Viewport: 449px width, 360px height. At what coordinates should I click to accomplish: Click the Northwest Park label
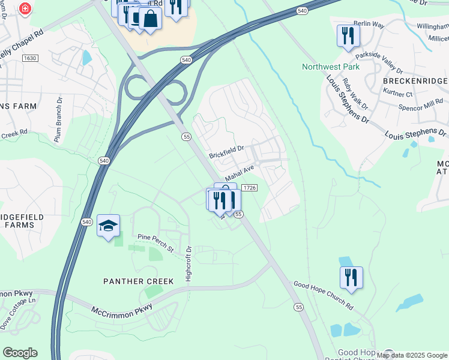click(331, 67)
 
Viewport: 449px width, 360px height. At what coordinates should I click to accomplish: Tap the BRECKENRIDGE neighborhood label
click(414, 81)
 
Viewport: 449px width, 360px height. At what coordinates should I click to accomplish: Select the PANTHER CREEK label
click(139, 281)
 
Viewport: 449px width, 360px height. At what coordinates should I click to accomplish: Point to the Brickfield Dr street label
click(226, 151)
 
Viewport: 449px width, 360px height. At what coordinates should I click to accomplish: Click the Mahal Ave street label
click(240, 173)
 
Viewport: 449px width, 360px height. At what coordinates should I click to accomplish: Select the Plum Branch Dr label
click(59, 120)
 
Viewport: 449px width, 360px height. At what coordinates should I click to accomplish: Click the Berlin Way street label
click(368, 24)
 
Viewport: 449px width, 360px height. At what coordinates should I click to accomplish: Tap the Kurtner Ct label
click(397, 94)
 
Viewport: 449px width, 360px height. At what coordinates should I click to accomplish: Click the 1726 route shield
click(250, 188)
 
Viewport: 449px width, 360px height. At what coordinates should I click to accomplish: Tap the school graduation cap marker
click(108, 226)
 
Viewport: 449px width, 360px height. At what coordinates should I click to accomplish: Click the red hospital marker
click(25, 8)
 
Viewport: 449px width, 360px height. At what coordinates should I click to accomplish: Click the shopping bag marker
click(150, 20)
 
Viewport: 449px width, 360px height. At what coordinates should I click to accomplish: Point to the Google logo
click(20, 353)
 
